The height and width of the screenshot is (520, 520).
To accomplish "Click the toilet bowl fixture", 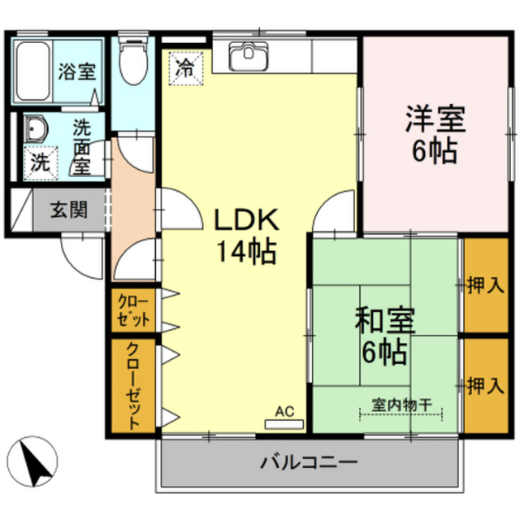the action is click(x=132, y=60).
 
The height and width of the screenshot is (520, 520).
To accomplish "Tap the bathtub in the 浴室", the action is click(x=33, y=71).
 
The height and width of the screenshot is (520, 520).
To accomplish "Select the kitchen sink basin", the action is click(x=249, y=56).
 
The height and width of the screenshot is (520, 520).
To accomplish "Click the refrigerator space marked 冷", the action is click(x=185, y=68).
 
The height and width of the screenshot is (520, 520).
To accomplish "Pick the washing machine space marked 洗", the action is click(x=41, y=162).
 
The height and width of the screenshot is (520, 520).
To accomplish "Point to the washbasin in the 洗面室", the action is click(x=36, y=128).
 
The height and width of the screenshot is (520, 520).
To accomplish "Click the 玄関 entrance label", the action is click(x=68, y=210).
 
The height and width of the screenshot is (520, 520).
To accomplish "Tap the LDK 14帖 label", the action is click(x=246, y=236).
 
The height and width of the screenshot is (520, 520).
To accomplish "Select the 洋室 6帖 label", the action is click(x=435, y=133).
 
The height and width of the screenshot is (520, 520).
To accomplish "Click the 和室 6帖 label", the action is click(x=384, y=336).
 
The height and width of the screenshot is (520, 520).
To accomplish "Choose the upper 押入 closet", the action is click(x=486, y=285).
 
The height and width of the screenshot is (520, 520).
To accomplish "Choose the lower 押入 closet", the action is click(x=486, y=386).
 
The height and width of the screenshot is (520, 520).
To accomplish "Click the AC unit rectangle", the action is click(x=284, y=424).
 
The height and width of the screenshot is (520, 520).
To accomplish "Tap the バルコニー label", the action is click(x=309, y=462).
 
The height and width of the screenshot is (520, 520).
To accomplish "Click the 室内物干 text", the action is click(x=401, y=405).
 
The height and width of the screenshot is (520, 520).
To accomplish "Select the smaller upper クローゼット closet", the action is click(x=133, y=310).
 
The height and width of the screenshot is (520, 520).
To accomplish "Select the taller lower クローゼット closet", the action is click(x=133, y=386).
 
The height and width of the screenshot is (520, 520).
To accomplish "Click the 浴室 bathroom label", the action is click(x=77, y=71).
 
